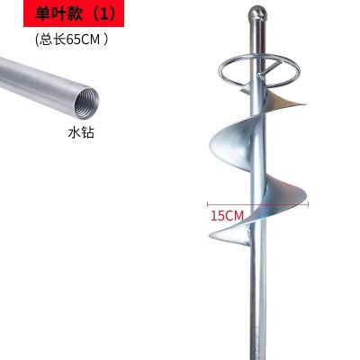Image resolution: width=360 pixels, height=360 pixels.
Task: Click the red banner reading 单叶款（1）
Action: coord(74,13)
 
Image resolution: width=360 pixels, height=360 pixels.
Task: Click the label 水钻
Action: coord(81,132)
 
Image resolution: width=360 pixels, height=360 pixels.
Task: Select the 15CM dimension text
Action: coord(227,215)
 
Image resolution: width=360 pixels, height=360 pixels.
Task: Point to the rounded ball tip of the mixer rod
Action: coord(258,13)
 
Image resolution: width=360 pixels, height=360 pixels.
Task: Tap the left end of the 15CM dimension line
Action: coord(208,204)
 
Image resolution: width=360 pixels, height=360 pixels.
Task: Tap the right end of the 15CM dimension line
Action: coord(308,204)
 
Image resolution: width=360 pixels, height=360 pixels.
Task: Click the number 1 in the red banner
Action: coord(103,14)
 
